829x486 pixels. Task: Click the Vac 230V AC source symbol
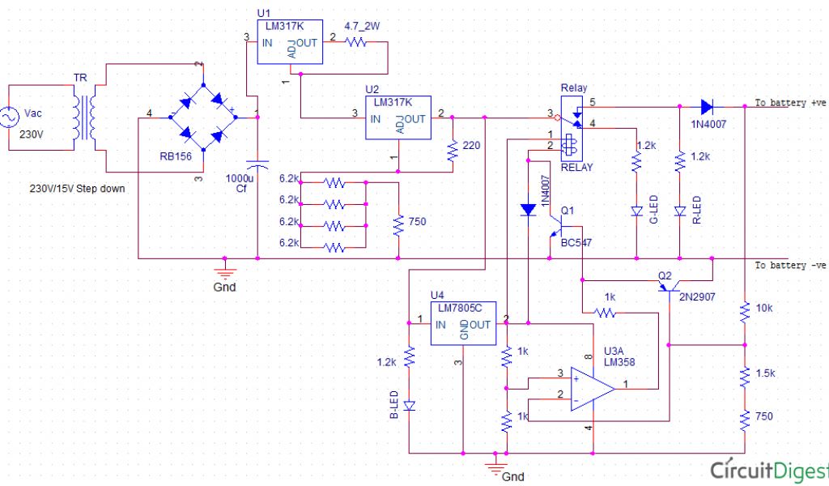pyautogui.click(x=15, y=118)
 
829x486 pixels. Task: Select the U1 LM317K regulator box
pyautogui.click(x=289, y=42)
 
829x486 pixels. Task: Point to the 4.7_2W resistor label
pyautogui.click(x=361, y=26)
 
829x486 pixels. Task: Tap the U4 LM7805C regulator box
pyautogui.click(x=462, y=324)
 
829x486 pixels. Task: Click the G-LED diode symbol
pyautogui.click(x=636, y=211)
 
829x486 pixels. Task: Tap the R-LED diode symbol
pyautogui.click(x=680, y=211)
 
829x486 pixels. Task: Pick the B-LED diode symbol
pyautogui.click(x=410, y=404)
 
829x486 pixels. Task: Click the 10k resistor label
pyautogui.click(x=764, y=309)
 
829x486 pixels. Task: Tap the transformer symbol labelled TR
pyautogui.click(x=84, y=117)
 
